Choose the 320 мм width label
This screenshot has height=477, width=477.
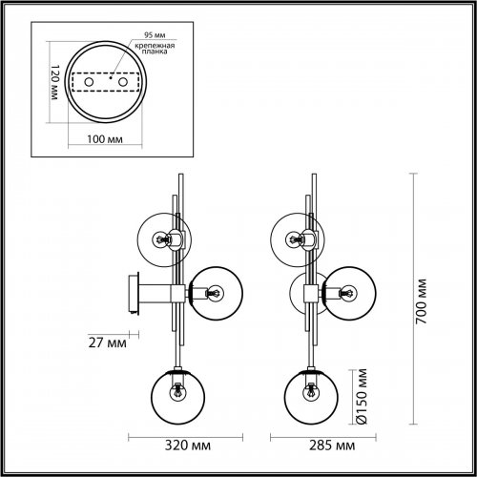[180, 446]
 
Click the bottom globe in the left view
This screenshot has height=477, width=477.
[177, 392]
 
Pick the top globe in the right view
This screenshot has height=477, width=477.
[295, 238]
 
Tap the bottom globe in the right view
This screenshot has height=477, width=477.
[310, 392]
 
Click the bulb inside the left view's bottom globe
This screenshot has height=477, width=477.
[177, 390]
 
